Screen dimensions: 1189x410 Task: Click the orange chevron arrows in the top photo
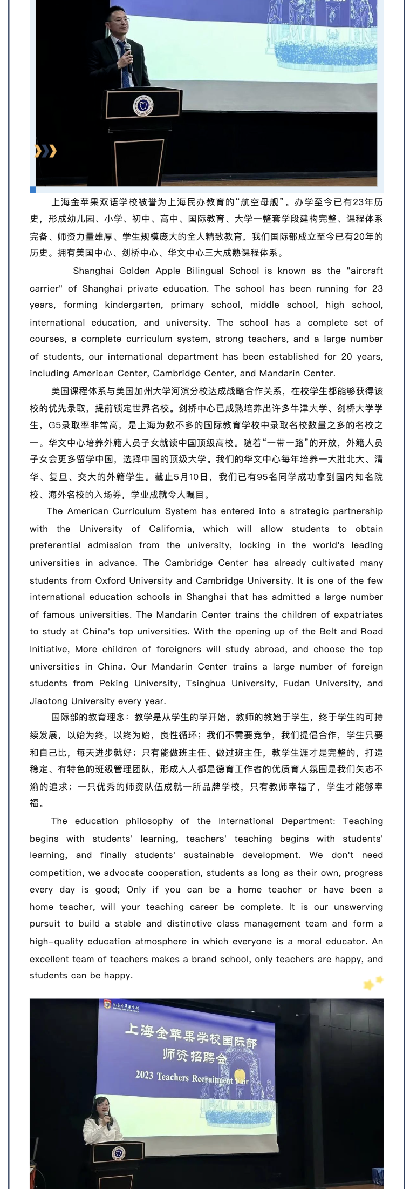[x=45, y=151]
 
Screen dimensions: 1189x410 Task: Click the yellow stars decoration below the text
[x=373, y=983]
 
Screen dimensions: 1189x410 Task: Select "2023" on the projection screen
[x=145, y=1075]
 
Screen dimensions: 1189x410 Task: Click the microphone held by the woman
[x=107, y=1119]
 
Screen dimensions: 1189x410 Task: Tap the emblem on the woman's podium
[x=118, y=1153]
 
